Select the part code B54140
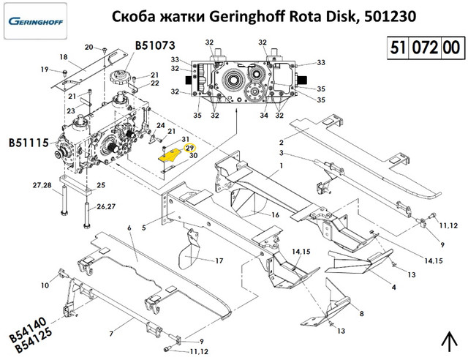coord(29,331)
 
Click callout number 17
coord(219,260)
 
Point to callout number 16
coord(276,215)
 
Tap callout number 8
coord(361,313)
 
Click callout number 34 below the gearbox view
coord(264,115)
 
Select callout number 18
coord(64,57)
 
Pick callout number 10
coord(45,285)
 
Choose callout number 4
coord(394,287)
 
